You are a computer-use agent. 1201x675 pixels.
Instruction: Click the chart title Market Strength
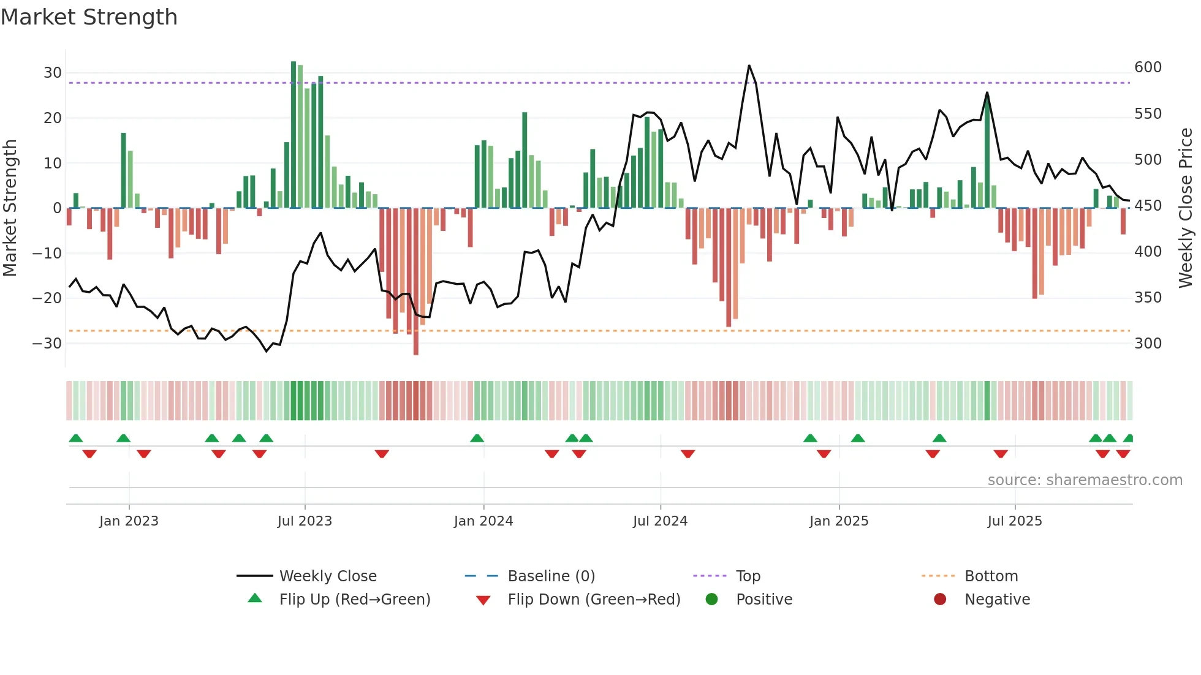(x=89, y=17)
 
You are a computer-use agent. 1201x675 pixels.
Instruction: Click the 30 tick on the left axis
(x=53, y=73)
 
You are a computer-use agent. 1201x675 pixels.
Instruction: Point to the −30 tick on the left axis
(x=47, y=344)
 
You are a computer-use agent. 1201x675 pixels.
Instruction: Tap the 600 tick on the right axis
(x=1148, y=67)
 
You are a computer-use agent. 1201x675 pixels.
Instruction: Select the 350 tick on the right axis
(x=1148, y=298)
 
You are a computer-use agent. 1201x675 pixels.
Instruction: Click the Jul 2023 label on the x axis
(x=305, y=521)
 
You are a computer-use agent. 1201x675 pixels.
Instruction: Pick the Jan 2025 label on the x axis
(x=838, y=521)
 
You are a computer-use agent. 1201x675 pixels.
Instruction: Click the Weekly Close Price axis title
(x=1186, y=208)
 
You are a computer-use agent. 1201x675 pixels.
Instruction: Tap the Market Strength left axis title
(x=10, y=208)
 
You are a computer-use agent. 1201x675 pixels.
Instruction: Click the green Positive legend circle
(x=711, y=599)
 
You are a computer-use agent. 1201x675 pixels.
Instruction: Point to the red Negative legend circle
(x=940, y=599)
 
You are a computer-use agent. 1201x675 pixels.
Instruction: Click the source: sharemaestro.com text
(x=1085, y=480)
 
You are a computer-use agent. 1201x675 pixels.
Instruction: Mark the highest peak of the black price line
(x=749, y=66)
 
